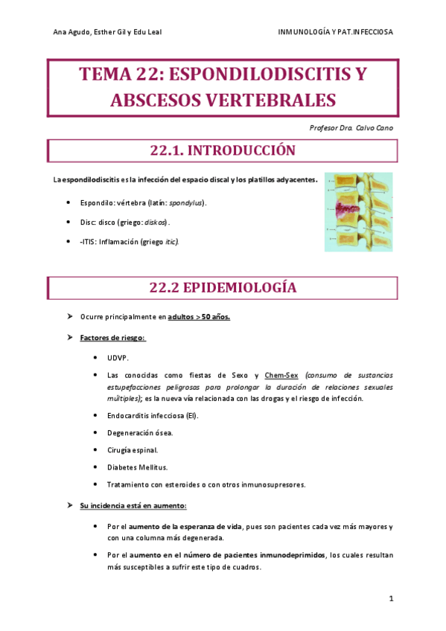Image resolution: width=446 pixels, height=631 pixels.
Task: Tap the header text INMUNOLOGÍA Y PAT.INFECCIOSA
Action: [x=335, y=33]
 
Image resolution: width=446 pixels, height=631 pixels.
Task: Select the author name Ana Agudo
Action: [x=70, y=33]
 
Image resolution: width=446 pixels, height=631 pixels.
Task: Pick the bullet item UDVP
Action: [x=118, y=357]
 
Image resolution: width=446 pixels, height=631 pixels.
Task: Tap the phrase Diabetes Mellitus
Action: [x=138, y=467]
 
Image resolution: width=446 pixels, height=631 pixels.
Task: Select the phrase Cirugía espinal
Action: [x=133, y=450]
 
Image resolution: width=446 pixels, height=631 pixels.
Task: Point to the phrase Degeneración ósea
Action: [x=140, y=433]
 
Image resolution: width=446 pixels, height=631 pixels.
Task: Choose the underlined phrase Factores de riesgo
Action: [x=112, y=338]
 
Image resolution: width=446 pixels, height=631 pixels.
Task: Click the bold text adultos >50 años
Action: [x=199, y=318]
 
